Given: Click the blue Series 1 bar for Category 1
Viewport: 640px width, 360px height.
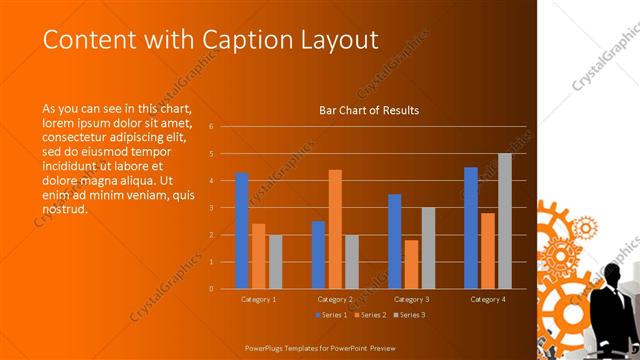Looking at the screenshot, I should [x=241, y=230].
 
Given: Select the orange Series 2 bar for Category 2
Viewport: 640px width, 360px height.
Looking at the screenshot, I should [x=335, y=229].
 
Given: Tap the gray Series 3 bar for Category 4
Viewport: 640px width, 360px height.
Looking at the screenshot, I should [x=505, y=221].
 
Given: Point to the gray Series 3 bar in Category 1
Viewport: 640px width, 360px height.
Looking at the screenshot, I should [x=275, y=262].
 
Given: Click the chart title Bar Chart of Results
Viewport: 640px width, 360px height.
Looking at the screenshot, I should [x=369, y=110].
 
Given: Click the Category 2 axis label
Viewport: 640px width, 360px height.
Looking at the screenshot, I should [x=335, y=300].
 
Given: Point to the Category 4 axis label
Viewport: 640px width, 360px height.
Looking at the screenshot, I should [x=488, y=300].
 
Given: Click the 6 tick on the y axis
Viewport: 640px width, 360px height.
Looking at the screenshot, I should [x=211, y=127].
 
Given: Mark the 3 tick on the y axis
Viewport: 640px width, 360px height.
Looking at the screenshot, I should [x=211, y=208].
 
